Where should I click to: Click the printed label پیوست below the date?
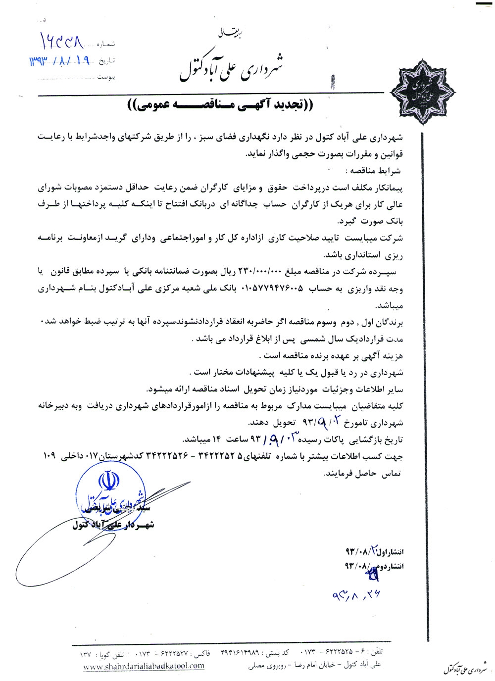[106, 77]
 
